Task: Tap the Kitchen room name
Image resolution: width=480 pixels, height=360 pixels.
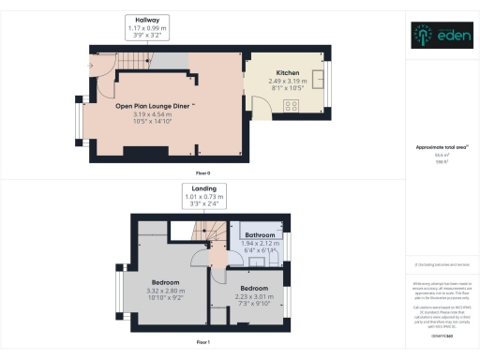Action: pos(288,73)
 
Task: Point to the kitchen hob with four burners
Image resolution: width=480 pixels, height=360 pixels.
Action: pos(292,104)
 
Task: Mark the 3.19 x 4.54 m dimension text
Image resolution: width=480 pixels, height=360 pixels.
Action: pos(150,114)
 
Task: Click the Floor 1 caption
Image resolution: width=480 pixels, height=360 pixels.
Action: pos(202,343)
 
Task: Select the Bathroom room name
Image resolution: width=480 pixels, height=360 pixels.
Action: pos(260,235)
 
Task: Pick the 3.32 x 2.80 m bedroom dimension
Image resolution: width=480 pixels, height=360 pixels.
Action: pos(168,291)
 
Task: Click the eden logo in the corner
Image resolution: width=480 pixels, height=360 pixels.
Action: pos(442,35)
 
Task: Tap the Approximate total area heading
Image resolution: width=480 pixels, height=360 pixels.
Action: pos(440,147)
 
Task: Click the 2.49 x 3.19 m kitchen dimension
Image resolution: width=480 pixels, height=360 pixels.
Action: pos(288,81)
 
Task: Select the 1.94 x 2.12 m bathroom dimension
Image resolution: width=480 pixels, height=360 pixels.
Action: pos(260,244)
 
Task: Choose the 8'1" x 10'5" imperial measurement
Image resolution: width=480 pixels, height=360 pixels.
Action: pos(288,88)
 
